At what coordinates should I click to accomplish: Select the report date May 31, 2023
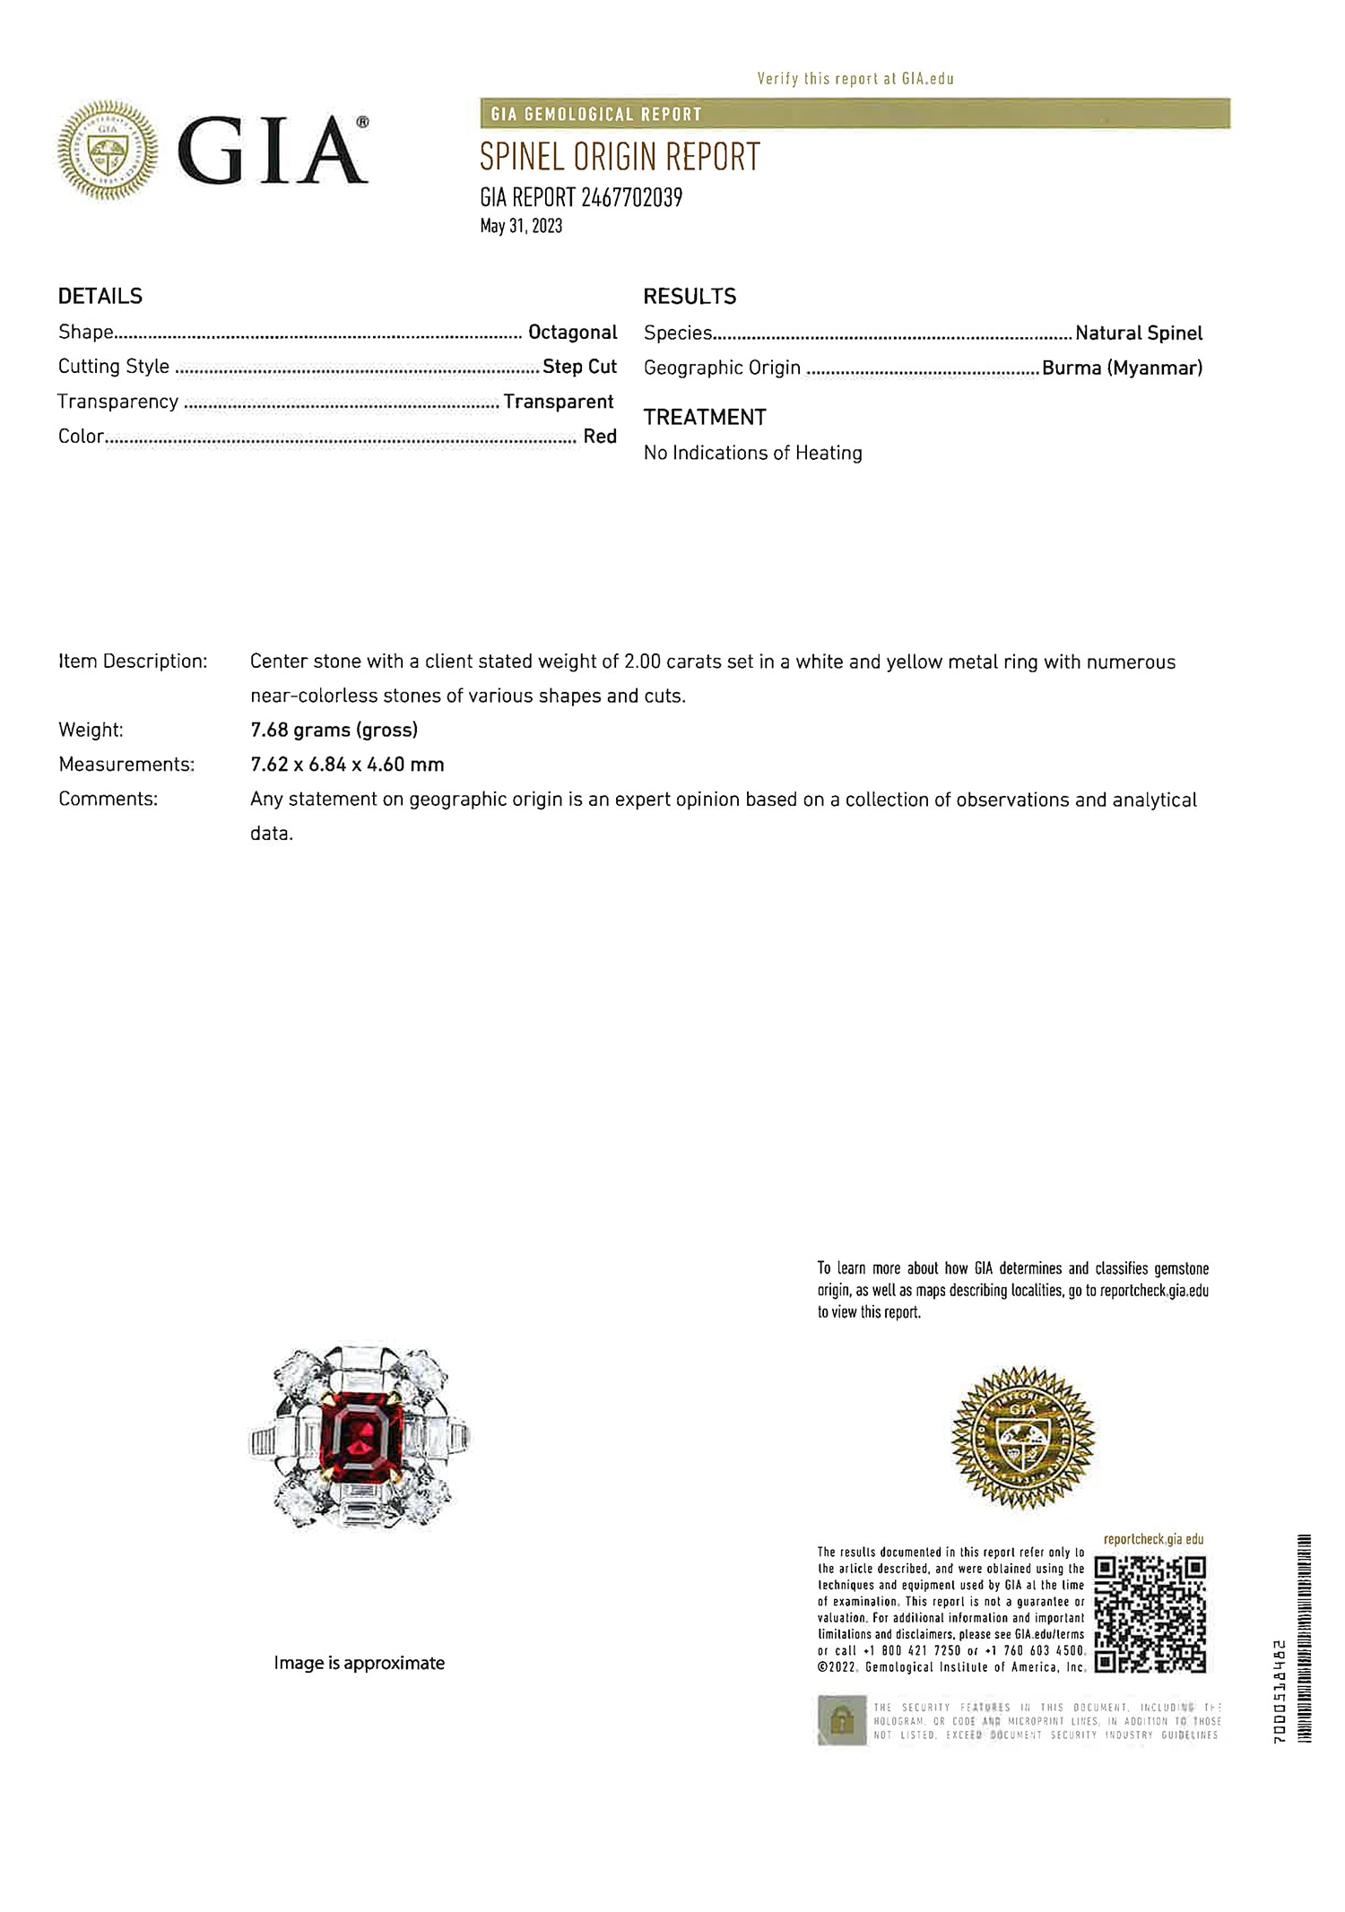tap(521, 226)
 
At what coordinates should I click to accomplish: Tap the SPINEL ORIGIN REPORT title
tap(620, 158)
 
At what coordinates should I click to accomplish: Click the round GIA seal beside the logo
tap(108, 150)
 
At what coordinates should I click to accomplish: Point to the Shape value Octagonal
tap(572, 333)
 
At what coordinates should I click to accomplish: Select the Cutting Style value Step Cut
tap(579, 367)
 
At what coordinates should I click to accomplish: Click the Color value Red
tap(600, 437)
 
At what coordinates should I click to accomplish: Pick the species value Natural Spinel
tap(1139, 333)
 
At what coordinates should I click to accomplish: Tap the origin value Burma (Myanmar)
tap(1122, 368)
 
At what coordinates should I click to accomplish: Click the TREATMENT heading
tap(705, 418)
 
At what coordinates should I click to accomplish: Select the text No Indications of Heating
tap(752, 454)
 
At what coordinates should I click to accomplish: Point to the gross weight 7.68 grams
tap(334, 731)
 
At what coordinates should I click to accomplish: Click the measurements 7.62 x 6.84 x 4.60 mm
tap(347, 765)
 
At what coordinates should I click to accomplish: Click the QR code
tap(1150, 1614)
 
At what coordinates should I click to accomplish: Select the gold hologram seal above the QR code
tap(1023, 1437)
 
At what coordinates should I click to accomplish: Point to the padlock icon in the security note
tap(841, 1720)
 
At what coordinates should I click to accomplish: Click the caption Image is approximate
tap(359, 1664)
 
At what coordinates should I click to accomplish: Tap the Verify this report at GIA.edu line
tap(855, 79)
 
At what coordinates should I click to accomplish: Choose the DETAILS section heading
tap(100, 297)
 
